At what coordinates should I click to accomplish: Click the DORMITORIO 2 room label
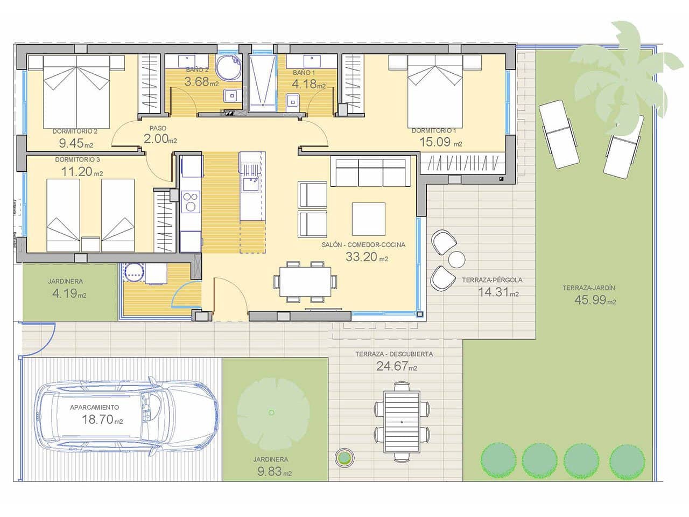click(x=75, y=131)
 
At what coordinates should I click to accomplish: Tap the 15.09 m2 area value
click(x=440, y=143)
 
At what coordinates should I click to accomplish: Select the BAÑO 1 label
click(x=304, y=72)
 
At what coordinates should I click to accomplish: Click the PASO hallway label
click(x=158, y=129)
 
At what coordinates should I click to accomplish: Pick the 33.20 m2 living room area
click(x=367, y=257)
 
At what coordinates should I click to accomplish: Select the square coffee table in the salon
click(x=368, y=219)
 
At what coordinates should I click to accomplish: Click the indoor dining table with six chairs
click(x=305, y=282)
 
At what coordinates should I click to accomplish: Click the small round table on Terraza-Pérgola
click(x=456, y=260)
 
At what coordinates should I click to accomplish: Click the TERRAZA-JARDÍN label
click(x=588, y=288)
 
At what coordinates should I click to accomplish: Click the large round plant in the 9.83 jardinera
click(x=270, y=412)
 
